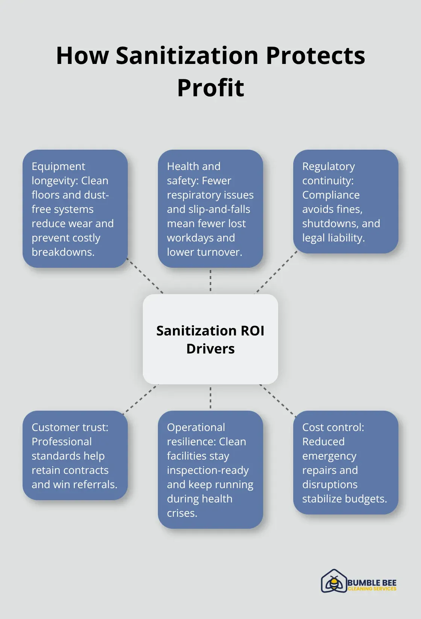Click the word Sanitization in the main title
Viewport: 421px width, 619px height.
tap(187, 56)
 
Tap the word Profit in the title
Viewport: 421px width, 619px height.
tap(210, 88)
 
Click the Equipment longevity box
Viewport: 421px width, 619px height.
tap(75, 209)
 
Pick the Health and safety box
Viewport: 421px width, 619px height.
tap(210, 209)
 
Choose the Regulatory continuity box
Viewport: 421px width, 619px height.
tap(345, 202)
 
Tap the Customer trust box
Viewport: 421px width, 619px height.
tap(75, 455)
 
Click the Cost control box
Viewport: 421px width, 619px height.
tap(345, 462)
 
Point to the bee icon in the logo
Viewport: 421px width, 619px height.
tap(333, 582)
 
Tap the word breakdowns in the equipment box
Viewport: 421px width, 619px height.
tap(63, 252)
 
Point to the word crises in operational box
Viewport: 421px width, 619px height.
tap(182, 513)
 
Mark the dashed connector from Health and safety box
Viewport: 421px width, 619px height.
tap(210, 281)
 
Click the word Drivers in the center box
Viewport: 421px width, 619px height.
tap(210, 349)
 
